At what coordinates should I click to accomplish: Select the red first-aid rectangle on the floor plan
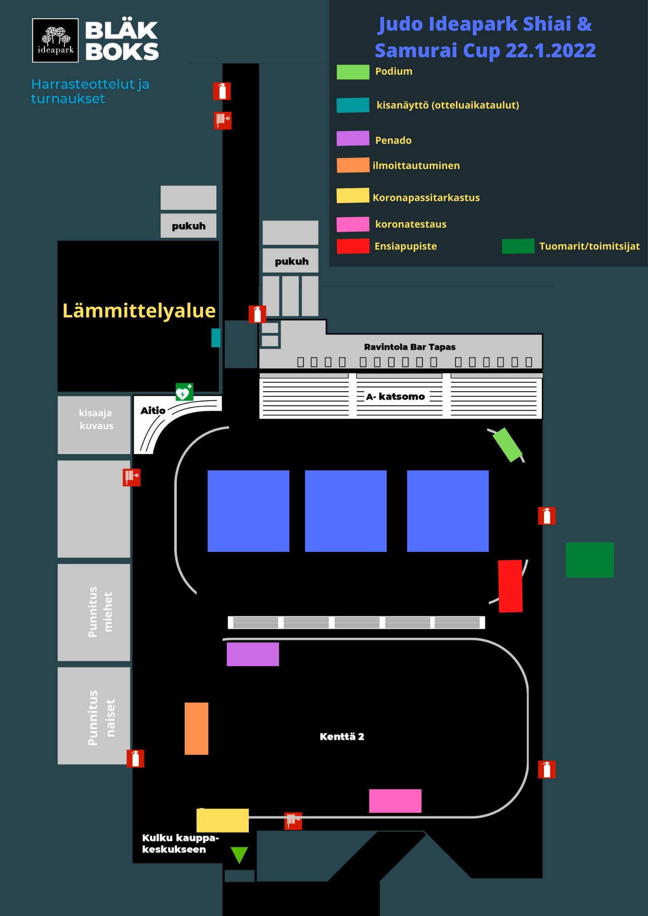(x=510, y=586)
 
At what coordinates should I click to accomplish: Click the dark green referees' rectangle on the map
(x=589, y=560)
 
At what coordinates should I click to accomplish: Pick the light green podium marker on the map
(x=507, y=445)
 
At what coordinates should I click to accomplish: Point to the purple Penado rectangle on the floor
(x=253, y=654)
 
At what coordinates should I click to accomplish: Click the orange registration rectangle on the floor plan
(x=196, y=728)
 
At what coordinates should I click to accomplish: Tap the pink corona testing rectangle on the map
(x=395, y=801)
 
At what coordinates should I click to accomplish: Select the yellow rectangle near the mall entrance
(x=222, y=820)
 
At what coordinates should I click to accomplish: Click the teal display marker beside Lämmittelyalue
(x=216, y=338)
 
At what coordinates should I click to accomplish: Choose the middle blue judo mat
(x=346, y=511)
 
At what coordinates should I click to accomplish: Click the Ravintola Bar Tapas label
(x=410, y=347)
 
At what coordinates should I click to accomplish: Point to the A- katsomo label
(x=396, y=397)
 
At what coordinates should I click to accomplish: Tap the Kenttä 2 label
(x=342, y=736)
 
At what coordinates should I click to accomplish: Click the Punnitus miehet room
(x=94, y=612)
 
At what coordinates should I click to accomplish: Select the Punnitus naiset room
(x=94, y=715)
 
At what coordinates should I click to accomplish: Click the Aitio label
(x=153, y=410)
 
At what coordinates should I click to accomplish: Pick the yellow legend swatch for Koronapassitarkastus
(x=352, y=196)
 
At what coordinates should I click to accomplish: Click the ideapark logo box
(x=55, y=40)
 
